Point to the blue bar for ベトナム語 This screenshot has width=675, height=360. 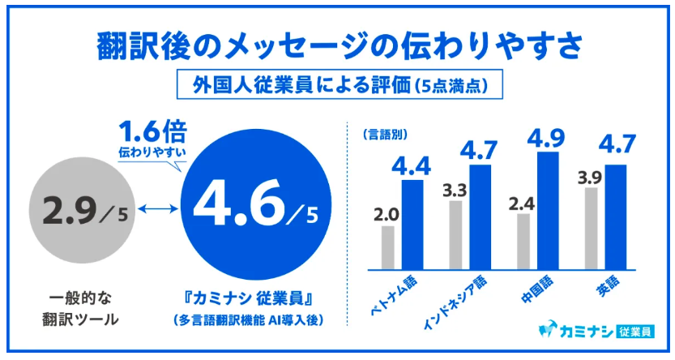412,225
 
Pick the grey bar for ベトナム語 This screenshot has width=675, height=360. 388,247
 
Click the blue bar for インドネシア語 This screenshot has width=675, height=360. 480,216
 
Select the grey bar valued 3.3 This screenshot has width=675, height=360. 456,234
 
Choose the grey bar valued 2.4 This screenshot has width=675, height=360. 523,242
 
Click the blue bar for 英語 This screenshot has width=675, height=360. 616,216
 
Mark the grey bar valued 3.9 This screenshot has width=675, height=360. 592,228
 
